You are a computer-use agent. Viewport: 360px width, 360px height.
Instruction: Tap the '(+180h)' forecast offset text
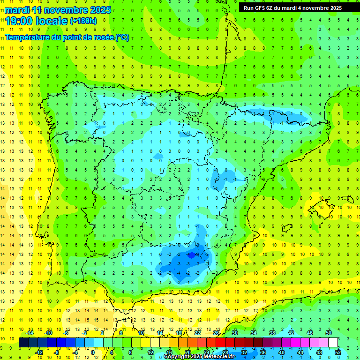tap(83, 21)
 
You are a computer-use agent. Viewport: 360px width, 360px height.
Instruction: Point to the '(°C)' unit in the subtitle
tap(122, 37)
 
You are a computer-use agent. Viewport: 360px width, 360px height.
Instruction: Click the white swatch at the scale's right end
tap(333, 343)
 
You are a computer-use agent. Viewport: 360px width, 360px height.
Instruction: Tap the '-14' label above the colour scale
tap(30, 333)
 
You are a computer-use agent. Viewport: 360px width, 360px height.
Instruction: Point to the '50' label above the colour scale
tap(328, 333)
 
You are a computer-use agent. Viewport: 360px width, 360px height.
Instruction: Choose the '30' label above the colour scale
tap(234, 333)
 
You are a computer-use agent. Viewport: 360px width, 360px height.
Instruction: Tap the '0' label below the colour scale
tap(93, 352)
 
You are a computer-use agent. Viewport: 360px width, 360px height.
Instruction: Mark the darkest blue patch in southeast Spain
tap(191, 255)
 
